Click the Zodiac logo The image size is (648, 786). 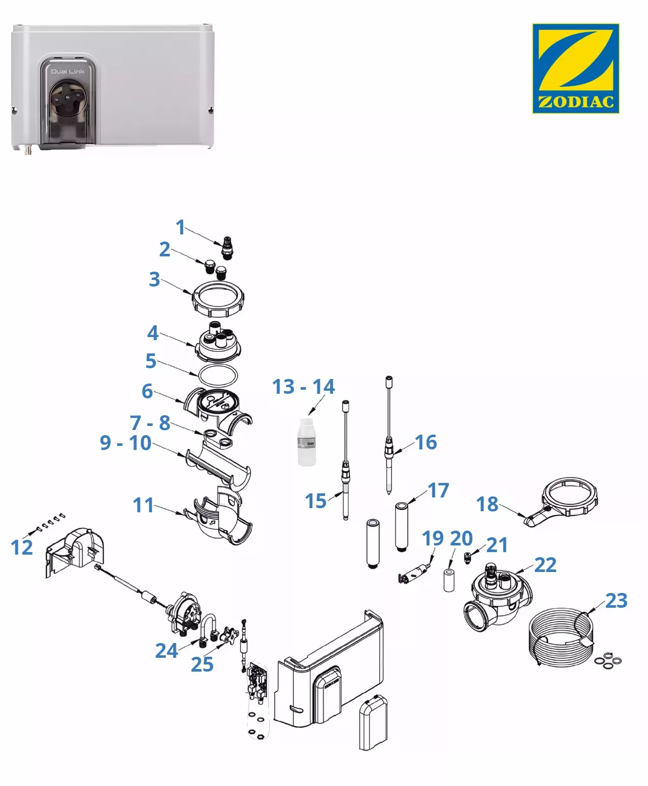pyautogui.click(x=575, y=68)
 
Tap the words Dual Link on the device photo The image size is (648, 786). pyautogui.click(x=68, y=72)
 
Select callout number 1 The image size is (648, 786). pyautogui.click(x=180, y=227)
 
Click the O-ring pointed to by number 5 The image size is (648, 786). pyautogui.click(x=218, y=374)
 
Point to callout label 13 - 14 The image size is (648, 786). pyautogui.click(x=303, y=387)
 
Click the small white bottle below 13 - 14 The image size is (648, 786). pyautogui.click(x=307, y=443)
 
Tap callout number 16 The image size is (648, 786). pyautogui.click(x=426, y=442)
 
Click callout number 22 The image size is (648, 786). pyautogui.click(x=545, y=565)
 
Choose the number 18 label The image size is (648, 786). pyautogui.click(x=487, y=504)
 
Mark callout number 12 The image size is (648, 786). pyautogui.click(x=21, y=547)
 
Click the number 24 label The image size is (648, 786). pyautogui.click(x=167, y=651)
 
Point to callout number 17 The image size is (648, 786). pyautogui.click(x=438, y=490)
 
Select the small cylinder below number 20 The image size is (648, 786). pyautogui.click(x=449, y=579)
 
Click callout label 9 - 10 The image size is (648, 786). pyautogui.click(x=125, y=443)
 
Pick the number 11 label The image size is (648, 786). pyautogui.click(x=143, y=505)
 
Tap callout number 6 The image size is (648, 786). pyautogui.click(x=147, y=391)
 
